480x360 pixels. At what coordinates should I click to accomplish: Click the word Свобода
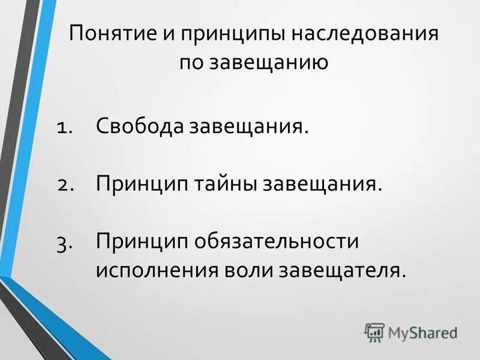(x=139, y=127)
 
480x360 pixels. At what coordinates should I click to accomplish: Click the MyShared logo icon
(x=374, y=332)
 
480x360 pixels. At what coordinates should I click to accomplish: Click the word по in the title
(x=191, y=62)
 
